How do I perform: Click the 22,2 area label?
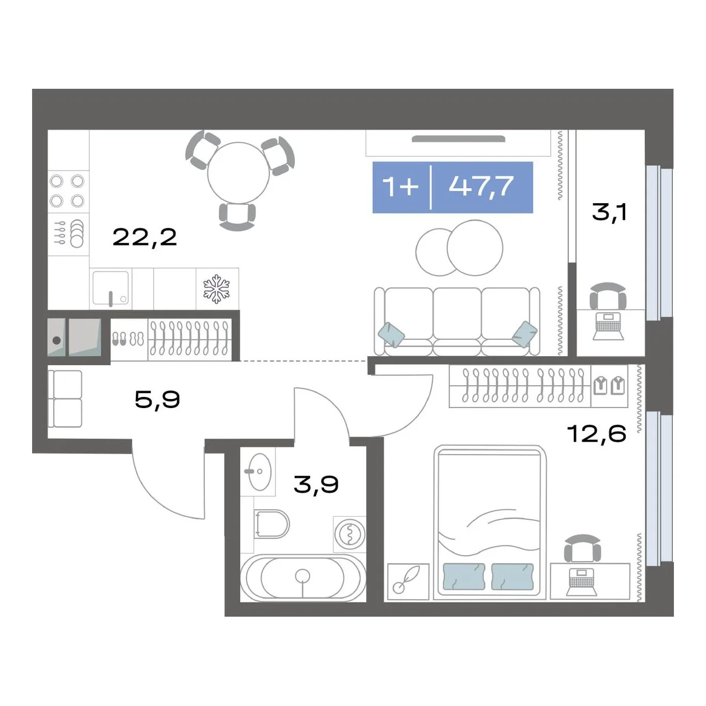145,237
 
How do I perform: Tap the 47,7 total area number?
481,187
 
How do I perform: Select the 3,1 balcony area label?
609,212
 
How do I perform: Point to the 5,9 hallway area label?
158,399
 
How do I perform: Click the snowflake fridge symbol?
217,289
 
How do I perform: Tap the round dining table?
239,173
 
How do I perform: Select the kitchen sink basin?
110,288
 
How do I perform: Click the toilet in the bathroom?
272,524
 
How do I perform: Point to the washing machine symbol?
349,534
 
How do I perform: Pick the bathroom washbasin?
258,472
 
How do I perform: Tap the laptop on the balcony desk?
608,326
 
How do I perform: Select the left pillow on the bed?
464,577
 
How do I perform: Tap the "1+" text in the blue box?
400,187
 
